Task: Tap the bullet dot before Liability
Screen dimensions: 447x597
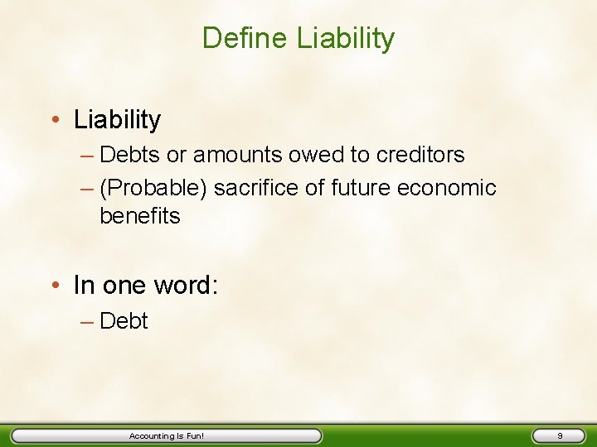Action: tap(54, 120)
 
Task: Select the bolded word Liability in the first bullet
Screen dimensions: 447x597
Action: tap(117, 120)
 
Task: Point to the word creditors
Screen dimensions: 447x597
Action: tap(422, 155)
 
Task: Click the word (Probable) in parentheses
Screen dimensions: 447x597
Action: tap(153, 188)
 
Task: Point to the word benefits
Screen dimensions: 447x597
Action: tap(139, 216)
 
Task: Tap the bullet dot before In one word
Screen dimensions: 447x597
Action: tap(54, 286)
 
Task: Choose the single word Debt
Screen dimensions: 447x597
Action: tap(124, 321)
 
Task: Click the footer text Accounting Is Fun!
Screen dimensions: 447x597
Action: tap(167, 435)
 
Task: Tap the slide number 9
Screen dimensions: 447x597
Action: tap(561, 435)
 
